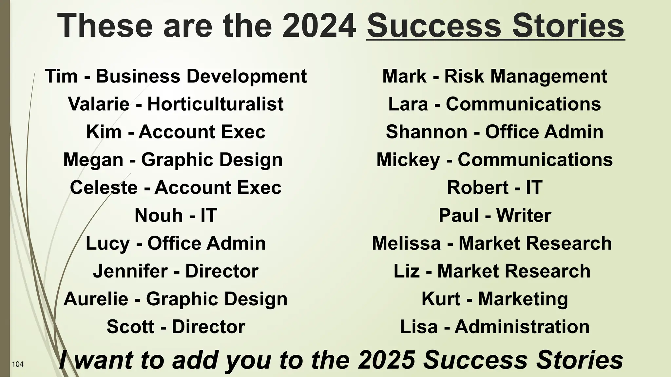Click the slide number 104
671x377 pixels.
tap(18, 364)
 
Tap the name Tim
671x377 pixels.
tap(61, 76)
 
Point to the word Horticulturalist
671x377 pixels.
tap(215, 104)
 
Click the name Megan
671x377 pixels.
tap(93, 160)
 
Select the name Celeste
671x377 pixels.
tap(104, 188)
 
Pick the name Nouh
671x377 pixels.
tap(159, 215)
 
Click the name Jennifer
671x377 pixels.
tap(130, 271)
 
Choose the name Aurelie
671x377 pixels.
tap(96, 299)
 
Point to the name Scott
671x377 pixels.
tap(130, 327)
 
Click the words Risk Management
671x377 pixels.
tap(526, 76)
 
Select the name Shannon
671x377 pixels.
tap(426, 132)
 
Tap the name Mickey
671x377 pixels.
tap(408, 160)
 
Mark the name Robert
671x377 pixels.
tap(478, 188)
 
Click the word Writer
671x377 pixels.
tap(524, 215)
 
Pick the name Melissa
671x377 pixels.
tap(406, 243)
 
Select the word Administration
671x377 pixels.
tap(522, 327)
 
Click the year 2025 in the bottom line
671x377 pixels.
tap(386, 360)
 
